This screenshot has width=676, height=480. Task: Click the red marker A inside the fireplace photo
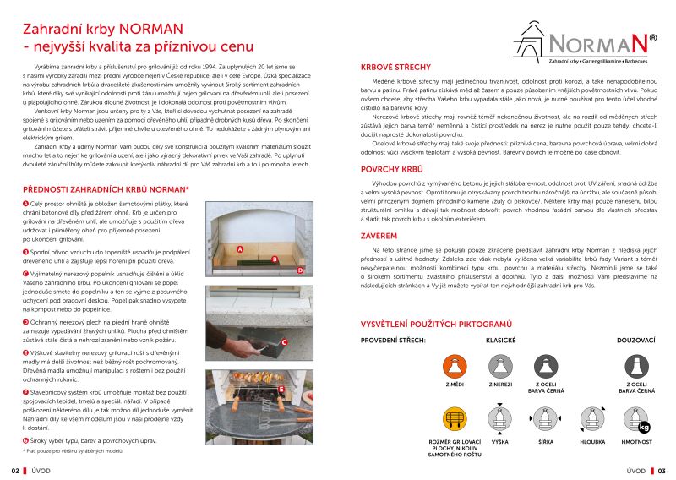click(x=240, y=249)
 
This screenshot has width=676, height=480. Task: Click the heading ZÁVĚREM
click(x=379, y=236)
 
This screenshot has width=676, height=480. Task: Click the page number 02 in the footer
click(x=14, y=471)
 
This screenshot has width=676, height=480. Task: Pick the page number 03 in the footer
click(x=662, y=471)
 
